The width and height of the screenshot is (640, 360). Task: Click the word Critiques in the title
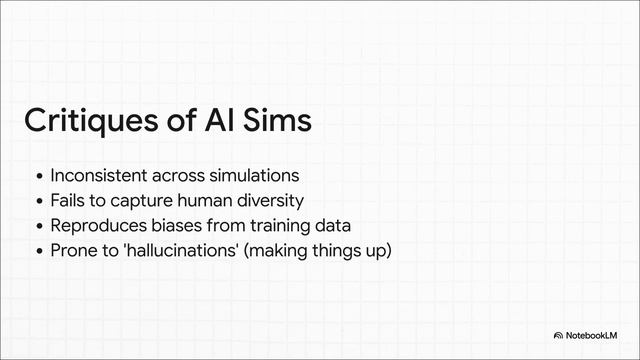(x=89, y=121)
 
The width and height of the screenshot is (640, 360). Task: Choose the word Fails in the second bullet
(x=69, y=200)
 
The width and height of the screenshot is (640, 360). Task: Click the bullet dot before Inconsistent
(x=38, y=177)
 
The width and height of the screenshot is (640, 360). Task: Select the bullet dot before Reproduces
(x=38, y=225)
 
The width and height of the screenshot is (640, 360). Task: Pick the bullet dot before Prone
(x=38, y=250)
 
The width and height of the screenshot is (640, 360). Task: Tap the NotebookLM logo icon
(x=558, y=335)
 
